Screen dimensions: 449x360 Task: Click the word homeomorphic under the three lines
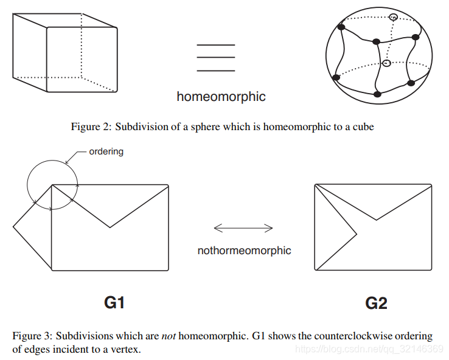(x=221, y=96)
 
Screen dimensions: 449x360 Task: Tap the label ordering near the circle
(x=106, y=151)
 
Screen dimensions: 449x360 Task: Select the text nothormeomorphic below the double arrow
(x=244, y=250)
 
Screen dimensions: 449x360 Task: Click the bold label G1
(x=114, y=302)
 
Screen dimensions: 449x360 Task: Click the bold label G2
(x=376, y=302)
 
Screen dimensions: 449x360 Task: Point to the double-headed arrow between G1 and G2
(x=243, y=228)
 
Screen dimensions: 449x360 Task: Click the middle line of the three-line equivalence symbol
(x=215, y=58)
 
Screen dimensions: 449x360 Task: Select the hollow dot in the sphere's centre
(x=386, y=63)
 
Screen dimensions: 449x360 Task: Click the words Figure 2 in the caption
(x=89, y=126)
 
